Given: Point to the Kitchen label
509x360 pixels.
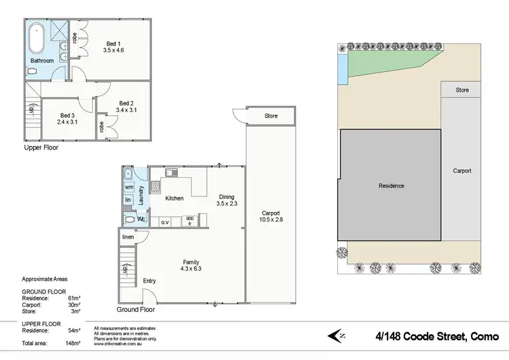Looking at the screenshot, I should [x=175, y=198].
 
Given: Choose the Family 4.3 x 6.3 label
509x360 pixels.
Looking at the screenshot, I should [x=191, y=266].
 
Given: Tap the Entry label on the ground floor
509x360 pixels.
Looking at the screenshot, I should [x=149, y=281].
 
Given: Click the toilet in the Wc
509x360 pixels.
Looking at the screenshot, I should [x=130, y=219].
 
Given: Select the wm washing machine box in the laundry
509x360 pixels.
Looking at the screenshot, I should [x=128, y=188].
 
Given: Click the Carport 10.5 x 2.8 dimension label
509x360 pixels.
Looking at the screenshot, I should [x=269, y=216].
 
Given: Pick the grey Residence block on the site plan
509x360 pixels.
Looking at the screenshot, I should [x=391, y=185].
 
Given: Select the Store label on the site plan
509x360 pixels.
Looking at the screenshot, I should [x=462, y=90].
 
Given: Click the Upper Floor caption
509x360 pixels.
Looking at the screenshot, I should [x=42, y=147].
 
